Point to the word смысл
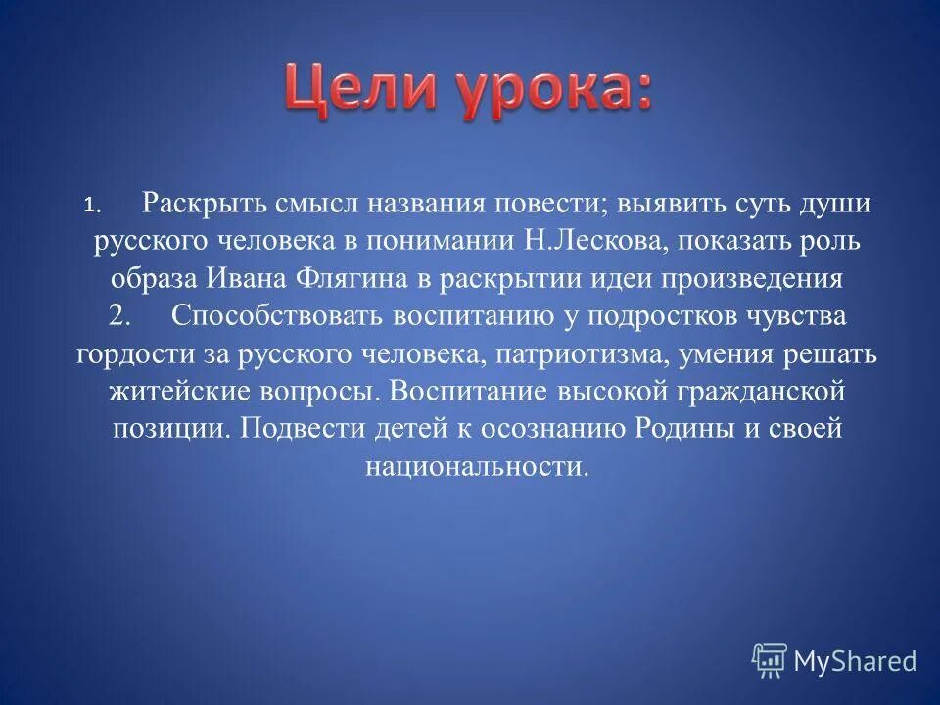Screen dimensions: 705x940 [x=290, y=204]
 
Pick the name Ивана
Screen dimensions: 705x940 [x=245, y=279]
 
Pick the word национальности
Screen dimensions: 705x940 [x=477, y=466]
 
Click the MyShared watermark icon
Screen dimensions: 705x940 [x=770, y=661]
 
